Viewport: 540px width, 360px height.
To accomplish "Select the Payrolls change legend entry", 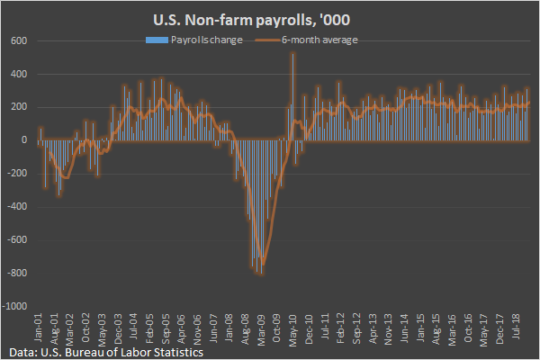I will pyautogui.click(x=199, y=40).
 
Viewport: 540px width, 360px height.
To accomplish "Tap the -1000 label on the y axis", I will pyautogui.click(x=15, y=306).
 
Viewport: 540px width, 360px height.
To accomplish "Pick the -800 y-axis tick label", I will pyautogui.click(x=17, y=274).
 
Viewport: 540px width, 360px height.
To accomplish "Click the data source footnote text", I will pyautogui.click(x=101, y=352).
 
